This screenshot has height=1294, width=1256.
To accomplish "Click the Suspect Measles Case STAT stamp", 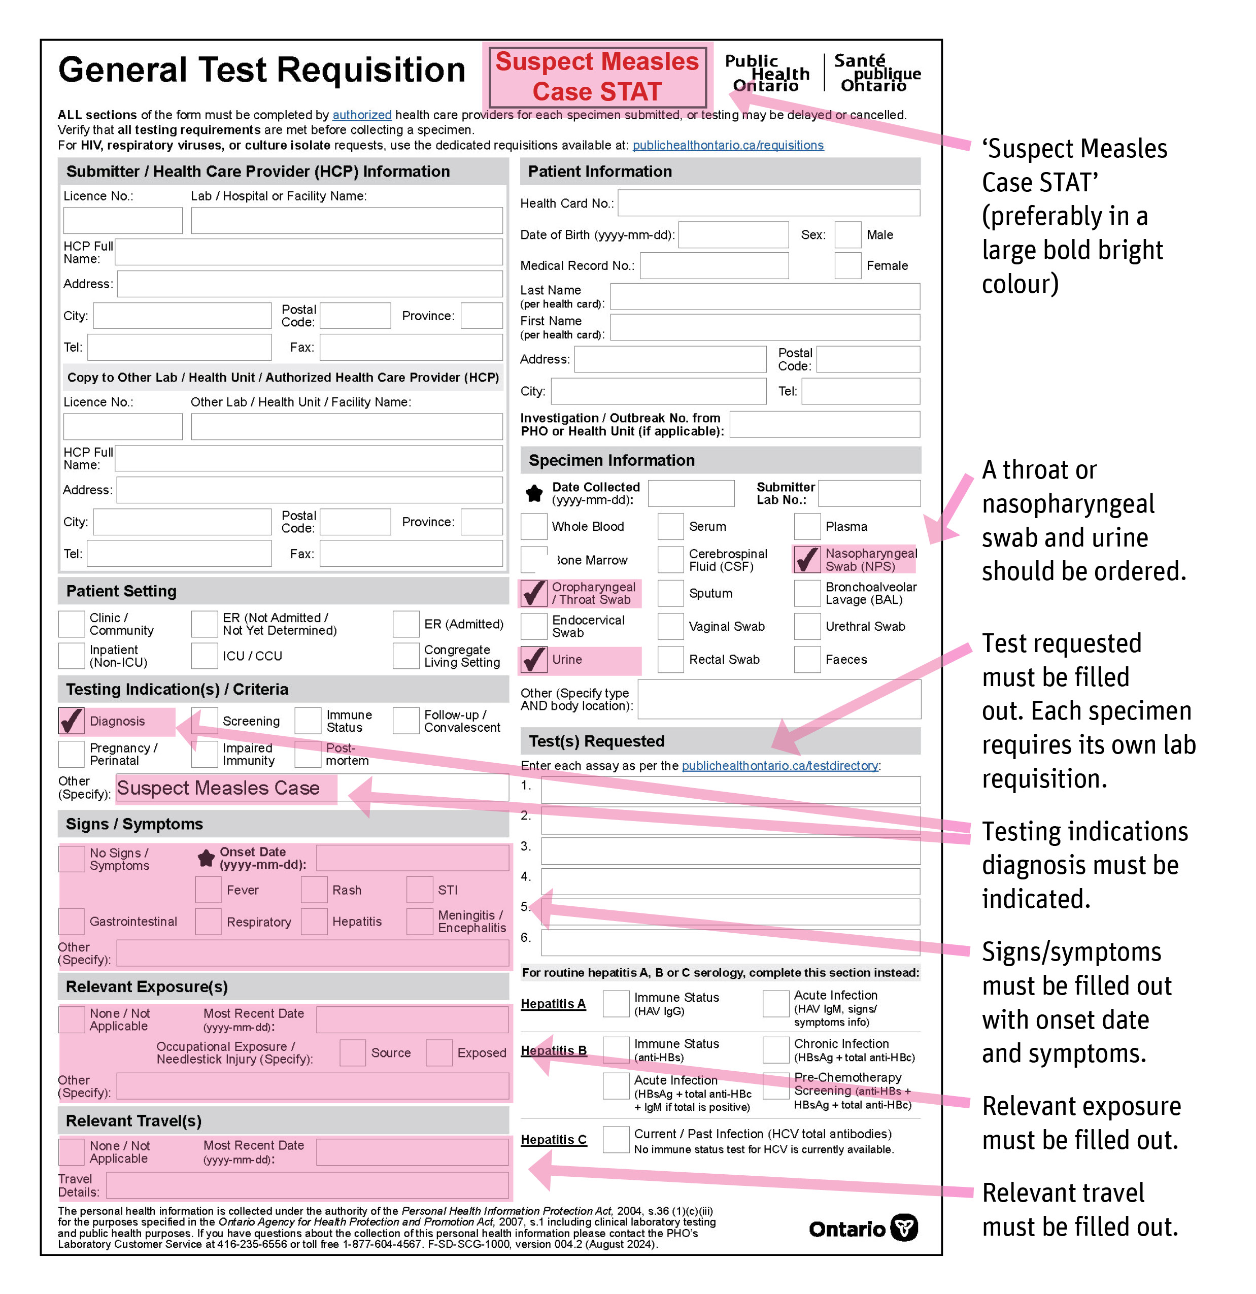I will pos(596,76).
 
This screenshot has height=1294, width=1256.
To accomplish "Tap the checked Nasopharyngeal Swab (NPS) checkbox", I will pos(806,559).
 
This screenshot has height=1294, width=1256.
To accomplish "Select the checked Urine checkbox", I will pos(533,659).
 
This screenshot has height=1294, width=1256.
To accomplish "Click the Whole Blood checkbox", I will pos(533,526).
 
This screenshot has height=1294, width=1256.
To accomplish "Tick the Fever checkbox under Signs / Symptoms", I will pos(208,889).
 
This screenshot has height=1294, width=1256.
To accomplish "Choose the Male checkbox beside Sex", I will pos(847,234).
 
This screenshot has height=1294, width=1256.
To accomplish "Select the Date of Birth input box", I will pos(733,234).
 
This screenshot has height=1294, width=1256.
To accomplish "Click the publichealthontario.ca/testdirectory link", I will pos(779,765).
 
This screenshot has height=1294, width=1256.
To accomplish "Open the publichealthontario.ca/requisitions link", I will pos(728,145).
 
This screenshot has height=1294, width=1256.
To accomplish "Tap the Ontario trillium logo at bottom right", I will pos(903,1228).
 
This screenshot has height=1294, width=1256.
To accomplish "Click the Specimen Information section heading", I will pos(612,460).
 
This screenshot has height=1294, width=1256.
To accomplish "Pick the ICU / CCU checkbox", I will pos(205,656).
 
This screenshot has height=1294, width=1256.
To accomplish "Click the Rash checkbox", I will pos(314,889).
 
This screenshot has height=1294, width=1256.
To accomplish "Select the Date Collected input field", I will pos(691,493).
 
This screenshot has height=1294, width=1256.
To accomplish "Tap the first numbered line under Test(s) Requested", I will pos(730,789).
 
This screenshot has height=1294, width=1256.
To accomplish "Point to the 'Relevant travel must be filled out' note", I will pos(1080,1209).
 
